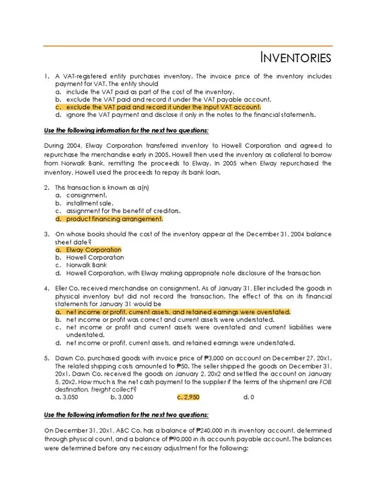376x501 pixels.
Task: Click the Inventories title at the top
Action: point(295,58)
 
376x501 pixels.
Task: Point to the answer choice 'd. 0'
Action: point(248,397)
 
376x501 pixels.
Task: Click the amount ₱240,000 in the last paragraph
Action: point(212,431)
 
